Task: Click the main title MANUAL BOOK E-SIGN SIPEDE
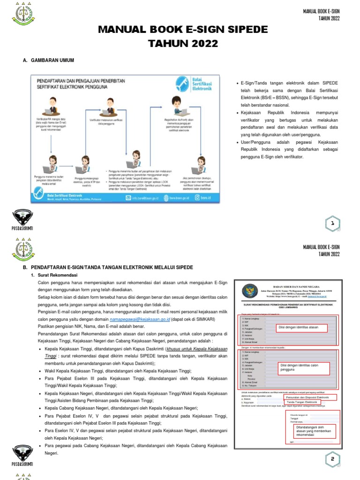pos(183,30)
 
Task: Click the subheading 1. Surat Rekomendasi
pos(57,275)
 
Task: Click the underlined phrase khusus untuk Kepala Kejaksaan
pos(196,349)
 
